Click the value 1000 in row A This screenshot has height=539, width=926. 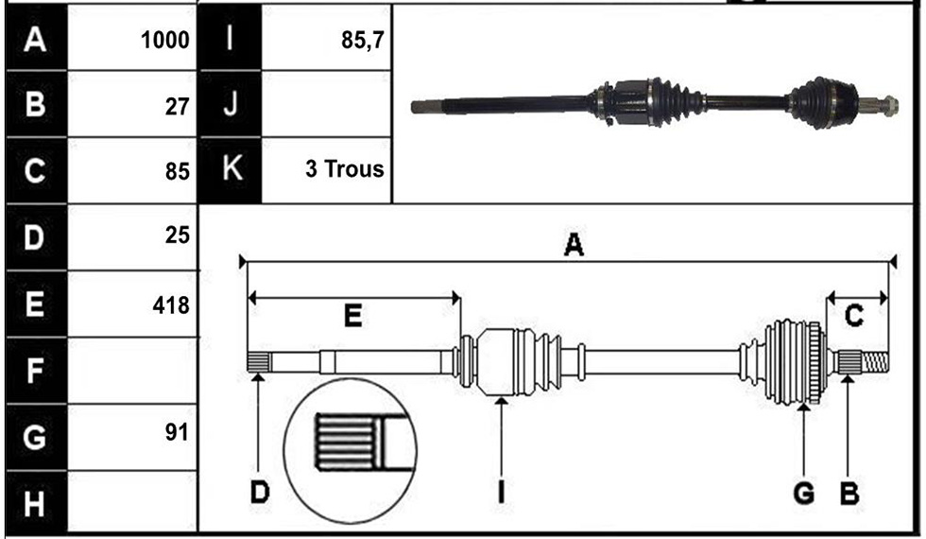coord(164,41)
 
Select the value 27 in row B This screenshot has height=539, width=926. coord(177,107)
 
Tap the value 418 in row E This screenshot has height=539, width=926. coord(171,305)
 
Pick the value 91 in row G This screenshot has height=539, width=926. coord(177,433)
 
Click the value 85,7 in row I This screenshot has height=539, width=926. coord(363,40)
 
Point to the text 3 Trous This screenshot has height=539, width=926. coord(344,169)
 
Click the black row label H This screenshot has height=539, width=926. coord(34,504)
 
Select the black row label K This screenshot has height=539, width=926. coord(231,168)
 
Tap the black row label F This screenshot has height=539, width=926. coord(34,371)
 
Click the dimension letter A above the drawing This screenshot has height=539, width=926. coord(574,245)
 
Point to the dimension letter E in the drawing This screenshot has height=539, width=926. coord(352,316)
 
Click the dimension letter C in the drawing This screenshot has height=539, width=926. coord(854,316)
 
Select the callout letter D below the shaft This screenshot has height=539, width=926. coord(259,492)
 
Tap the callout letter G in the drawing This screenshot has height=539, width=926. coord(804,493)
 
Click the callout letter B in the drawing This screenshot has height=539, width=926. coord(849,493)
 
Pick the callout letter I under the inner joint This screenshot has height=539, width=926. coord(501,492)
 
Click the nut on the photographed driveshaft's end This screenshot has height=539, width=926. coord(889,106)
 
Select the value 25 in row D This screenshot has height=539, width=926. coord(178,235)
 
